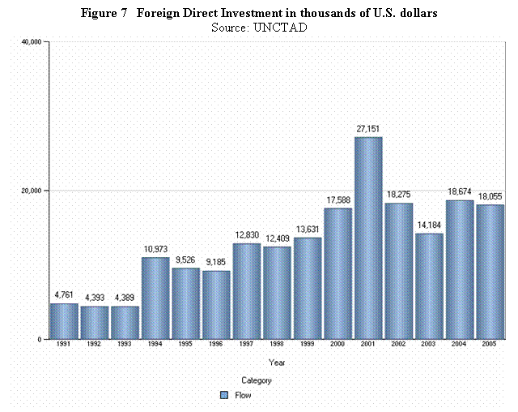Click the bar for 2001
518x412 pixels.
(369, 238)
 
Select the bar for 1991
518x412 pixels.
(64, 321)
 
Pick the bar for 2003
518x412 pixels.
(430, 286)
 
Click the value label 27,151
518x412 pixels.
(369, 128)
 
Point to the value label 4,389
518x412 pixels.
(125, 297)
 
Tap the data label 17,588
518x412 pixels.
(338, 199)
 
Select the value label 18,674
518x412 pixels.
(461, 191)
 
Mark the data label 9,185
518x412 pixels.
(216, 261)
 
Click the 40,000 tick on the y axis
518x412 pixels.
(32, 41)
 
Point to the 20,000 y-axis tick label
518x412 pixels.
(32, 191)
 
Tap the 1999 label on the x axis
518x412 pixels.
(308, 345)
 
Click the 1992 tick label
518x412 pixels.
(94, 345)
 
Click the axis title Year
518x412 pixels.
(277, 363)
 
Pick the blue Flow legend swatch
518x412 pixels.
(224, 396)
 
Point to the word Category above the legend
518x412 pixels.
(257, 380)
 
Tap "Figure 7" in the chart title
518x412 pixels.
(104, 15)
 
